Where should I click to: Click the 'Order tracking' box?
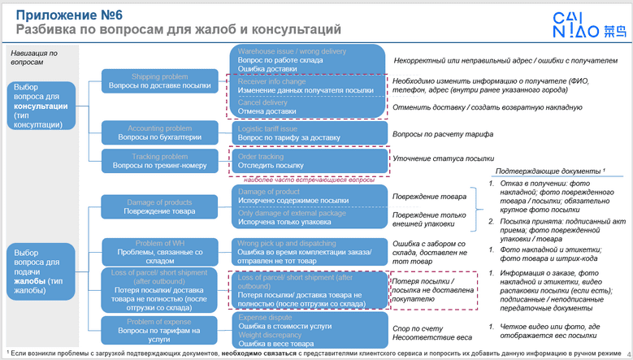tap(309, 160)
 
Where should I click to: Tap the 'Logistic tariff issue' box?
tap(309, 133)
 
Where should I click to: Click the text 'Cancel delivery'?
tap(262, 102)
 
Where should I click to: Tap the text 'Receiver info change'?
tap(271, 82)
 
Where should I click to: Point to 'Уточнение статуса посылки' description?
tap(443, 159)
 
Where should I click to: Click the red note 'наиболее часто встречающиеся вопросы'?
tap(293, 179)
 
